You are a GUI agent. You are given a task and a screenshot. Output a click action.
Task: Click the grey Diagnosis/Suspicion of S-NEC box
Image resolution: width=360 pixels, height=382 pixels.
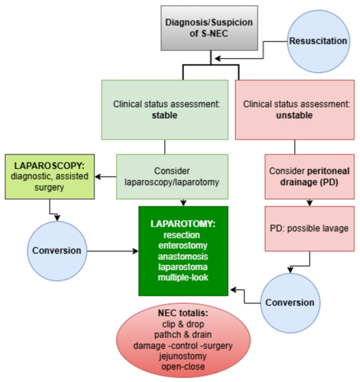click(209, 28)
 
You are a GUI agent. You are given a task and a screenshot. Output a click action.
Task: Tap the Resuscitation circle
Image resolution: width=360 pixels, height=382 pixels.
click(318, 41)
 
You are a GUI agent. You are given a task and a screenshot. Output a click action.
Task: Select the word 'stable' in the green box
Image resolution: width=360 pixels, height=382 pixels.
click(165, 115)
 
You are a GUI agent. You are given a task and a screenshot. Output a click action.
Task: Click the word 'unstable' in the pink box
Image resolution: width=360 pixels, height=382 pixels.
click(294, 115)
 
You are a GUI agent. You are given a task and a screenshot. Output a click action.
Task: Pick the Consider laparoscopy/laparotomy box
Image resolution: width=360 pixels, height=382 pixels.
click(172, 176)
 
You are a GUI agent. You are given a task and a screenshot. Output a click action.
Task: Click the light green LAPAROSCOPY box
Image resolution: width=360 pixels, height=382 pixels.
click(50, 176)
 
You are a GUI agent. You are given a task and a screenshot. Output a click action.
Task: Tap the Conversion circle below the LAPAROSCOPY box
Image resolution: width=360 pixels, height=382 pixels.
click(57, 251)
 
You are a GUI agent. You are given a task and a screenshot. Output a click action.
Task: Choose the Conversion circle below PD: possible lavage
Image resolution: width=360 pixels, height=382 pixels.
click(290, 303)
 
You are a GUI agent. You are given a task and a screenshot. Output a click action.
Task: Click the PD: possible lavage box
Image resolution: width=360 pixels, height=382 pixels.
click(310, 228)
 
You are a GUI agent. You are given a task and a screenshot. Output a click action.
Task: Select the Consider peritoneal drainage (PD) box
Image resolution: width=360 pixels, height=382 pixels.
click(310, 176)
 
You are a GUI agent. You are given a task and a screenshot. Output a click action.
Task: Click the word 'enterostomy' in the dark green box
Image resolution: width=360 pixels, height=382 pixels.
click(183, 245)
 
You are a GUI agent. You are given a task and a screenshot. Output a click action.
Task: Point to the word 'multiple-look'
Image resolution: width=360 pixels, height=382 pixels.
click(183, 277)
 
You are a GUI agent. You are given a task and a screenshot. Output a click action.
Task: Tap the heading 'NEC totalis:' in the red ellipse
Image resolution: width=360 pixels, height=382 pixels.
click(183, 313)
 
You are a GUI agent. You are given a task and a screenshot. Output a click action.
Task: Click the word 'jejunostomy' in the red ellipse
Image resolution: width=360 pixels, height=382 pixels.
click(183, 356)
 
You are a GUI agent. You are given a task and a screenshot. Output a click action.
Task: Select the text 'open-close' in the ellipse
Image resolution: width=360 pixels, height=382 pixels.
click(183, 366)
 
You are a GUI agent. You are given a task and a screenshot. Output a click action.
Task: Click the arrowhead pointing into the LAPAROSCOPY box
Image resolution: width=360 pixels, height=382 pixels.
click(98, 176)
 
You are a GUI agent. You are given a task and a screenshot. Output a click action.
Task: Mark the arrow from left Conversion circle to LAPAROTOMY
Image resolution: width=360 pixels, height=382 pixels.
click(113, 251)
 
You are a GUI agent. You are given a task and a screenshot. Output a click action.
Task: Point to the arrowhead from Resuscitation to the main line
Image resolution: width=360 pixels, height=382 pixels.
click(218, 59)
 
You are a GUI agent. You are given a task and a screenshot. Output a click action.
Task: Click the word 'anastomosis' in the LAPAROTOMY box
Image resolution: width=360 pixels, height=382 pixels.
click(183, 256)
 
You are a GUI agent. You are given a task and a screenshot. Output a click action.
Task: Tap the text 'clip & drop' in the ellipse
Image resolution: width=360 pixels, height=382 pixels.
click(183, 324)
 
